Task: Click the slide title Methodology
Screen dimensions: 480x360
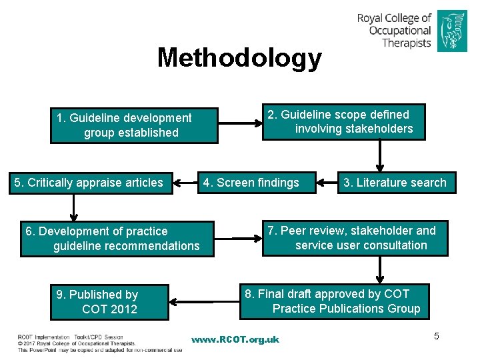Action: coord(239,58)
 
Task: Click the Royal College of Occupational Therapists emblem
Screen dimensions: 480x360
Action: coord(452,31)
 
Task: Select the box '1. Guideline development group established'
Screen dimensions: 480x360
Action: coord(133,125)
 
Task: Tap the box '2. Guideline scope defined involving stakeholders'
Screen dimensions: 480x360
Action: coord(343,122)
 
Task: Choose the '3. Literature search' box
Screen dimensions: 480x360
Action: coord(395,183)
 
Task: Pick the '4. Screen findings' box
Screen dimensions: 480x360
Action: coord(257,183)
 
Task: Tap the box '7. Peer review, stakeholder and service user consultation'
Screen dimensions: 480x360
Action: coord(355,239)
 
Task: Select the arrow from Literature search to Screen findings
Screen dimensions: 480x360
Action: coord(327,182)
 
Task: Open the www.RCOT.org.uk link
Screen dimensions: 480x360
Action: coord(235,340)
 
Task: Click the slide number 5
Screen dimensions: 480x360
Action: coord(437,336)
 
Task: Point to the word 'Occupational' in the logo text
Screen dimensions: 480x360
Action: coord(400,31)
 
